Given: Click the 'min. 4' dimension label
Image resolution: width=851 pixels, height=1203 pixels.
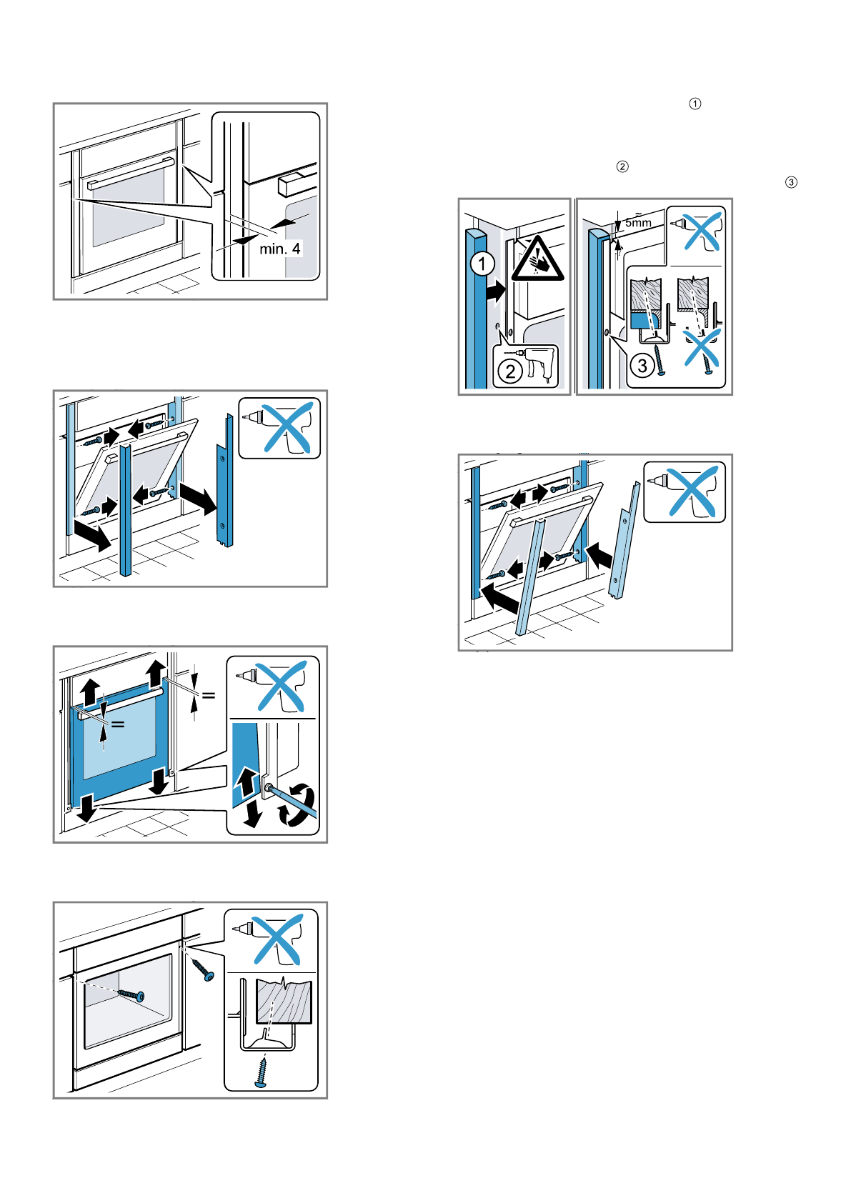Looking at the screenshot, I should [x=279, y=249].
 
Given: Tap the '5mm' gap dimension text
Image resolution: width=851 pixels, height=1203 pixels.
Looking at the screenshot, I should [x=638, y=223].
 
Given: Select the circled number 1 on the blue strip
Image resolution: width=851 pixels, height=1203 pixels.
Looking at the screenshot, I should [x=482, y=264].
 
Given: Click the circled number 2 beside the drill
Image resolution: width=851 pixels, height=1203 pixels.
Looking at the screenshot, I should [x=510, y=371].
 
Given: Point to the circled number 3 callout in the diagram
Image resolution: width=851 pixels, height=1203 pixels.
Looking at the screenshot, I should [x=642, y=366].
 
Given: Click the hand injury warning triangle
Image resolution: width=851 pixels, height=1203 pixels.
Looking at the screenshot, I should [x=537, y=260].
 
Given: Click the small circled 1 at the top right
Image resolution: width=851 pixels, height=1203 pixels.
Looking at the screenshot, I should [x=695, y=104].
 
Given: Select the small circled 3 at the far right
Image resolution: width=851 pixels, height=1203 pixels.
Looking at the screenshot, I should [x=791, y=182].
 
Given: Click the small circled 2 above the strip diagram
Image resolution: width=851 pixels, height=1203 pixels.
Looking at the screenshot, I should [x=622, y=166].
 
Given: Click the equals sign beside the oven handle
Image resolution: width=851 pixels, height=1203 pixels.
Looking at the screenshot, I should [x=118, y=724].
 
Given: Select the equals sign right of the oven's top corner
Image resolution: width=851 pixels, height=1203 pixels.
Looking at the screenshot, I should [x=209, y=694].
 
